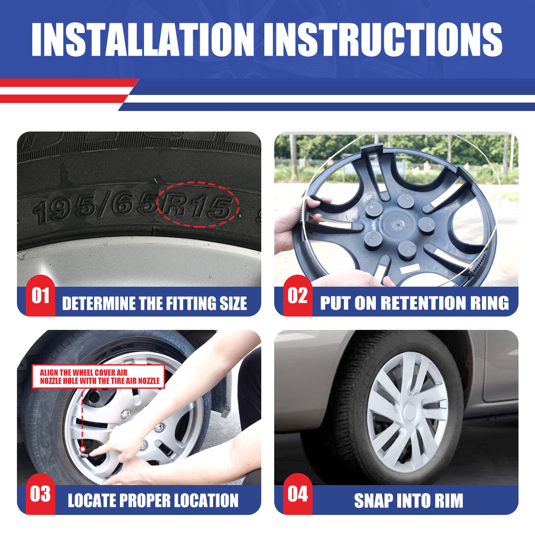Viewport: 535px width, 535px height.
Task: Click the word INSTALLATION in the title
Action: (143, 39)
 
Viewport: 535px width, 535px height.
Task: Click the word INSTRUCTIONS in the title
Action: (383, 39)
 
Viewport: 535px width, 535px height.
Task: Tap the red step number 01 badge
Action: (41, 296)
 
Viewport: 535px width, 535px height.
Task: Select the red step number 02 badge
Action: (298, 296)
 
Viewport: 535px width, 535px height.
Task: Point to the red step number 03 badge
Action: (41, 494)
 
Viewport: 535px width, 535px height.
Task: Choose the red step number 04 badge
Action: (298, 494)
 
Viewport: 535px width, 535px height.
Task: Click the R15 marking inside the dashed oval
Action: (198, 206)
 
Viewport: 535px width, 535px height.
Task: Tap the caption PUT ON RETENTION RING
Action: (415, 303)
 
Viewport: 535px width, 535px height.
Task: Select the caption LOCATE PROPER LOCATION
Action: (153, 501)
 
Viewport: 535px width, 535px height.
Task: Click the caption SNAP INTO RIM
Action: (409, 501)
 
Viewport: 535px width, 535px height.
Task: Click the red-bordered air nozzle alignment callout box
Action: (98, 376)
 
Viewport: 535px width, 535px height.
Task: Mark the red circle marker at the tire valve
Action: (82, 449)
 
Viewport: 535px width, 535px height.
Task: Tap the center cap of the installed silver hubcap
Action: (410, 412)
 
